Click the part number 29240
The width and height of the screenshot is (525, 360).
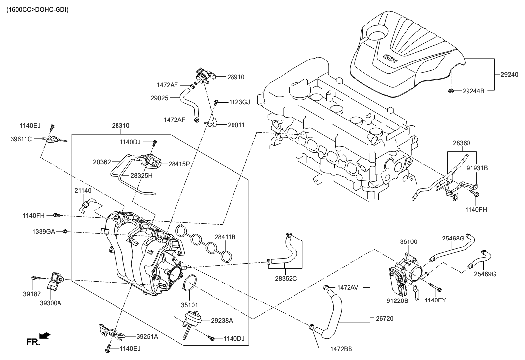click(509, 74)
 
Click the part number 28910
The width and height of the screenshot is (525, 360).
click(236, 77)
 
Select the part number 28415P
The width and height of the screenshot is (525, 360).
click(179, 164)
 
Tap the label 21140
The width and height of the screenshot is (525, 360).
click(83, 191)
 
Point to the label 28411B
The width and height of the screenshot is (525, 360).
click(225, 237)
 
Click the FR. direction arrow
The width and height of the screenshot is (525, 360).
click(45, 337)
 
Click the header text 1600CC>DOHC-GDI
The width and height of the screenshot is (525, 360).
click(38, 9)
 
